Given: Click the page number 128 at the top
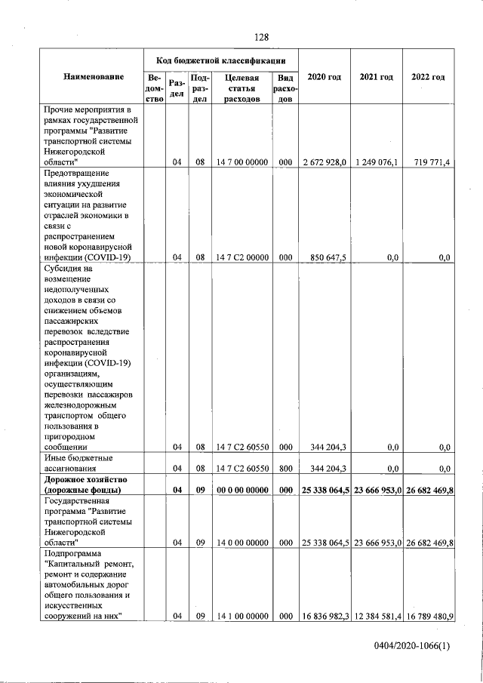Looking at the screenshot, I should point(261,37).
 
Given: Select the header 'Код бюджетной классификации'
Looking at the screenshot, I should point(220,59).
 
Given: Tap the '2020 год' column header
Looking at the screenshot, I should point(325,77).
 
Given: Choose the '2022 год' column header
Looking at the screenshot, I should point(428,77).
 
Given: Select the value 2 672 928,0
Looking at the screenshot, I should point(325,162).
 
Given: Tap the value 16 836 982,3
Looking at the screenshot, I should point(325,616).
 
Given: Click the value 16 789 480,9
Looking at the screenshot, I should point(428,616).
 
